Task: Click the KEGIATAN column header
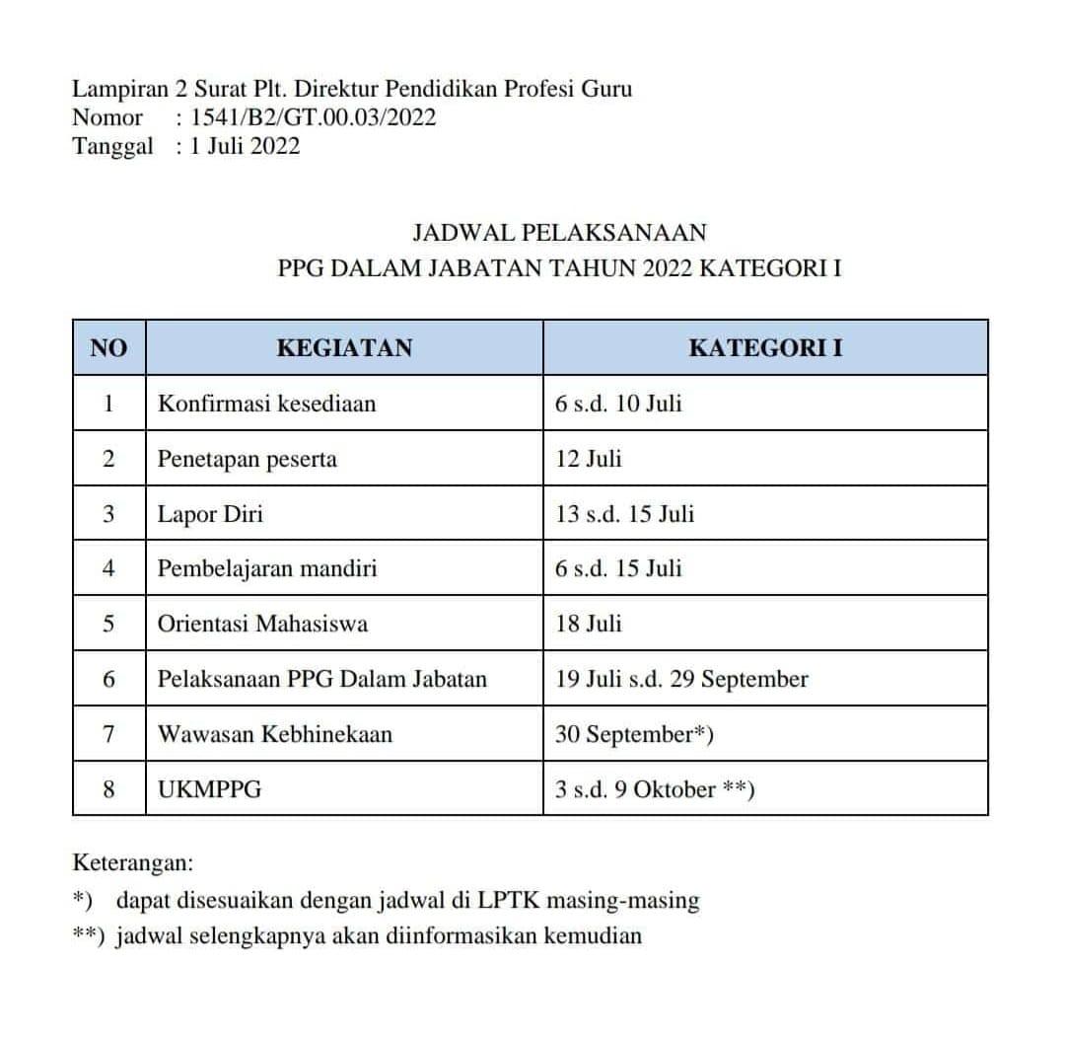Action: click(x=344, y=347)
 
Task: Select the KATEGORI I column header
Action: click(x=765, y=347)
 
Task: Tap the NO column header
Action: click(x=108, y=347)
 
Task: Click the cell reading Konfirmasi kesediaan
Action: click(x=266, y=403)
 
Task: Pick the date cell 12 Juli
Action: click(x=590, y=458)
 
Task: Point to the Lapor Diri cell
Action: click(x=210, y=513)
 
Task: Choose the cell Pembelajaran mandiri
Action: click(x=267, y=568)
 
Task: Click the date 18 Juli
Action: click(x=590, y=624)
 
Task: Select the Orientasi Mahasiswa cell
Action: click(x=262, y=624)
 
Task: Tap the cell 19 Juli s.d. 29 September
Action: click(x=682, y=679)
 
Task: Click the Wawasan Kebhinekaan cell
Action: click(x=275, y=734)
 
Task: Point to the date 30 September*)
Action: click(x=635, y=734)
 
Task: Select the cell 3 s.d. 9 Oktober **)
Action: click(x=655, y=789)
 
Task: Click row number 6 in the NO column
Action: click(x=108, y=679)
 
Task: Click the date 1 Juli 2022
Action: click(x=246, y=146)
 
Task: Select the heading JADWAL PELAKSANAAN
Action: click(x=559, y=233)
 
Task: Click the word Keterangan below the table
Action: click(x=133, y=862)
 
